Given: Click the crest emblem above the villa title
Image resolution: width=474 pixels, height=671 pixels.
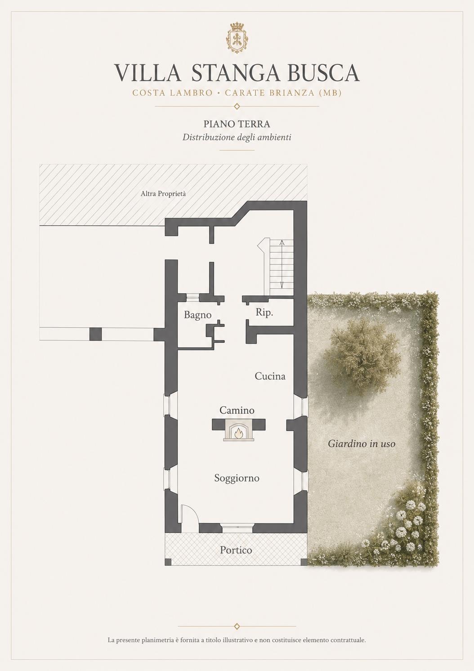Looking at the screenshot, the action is coord(237,37).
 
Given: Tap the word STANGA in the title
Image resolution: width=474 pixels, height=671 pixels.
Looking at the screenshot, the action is coord(235,72).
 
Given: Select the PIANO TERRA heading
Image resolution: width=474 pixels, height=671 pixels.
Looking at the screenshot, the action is coord(237,124).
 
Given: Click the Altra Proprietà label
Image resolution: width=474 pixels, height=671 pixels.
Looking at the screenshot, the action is coord(163,193).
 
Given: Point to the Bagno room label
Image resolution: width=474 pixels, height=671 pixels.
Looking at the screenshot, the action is coord(198,315).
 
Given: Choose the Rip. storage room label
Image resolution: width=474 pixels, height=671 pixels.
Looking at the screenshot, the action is coord(264,313).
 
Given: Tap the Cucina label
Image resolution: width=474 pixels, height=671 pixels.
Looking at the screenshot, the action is coord(270,376).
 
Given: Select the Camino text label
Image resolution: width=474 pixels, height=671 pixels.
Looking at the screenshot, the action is coord(237,410).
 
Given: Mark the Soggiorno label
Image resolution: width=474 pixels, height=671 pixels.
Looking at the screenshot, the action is coord(237,478).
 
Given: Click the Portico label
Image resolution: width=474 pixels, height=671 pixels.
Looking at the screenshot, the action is coord(236,550).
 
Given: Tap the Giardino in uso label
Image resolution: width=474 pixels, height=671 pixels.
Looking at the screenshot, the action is coord(362,443).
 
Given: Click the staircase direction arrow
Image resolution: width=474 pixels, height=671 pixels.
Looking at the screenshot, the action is coord(282,264).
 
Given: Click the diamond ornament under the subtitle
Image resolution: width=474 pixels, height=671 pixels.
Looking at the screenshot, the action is coord(237,106).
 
